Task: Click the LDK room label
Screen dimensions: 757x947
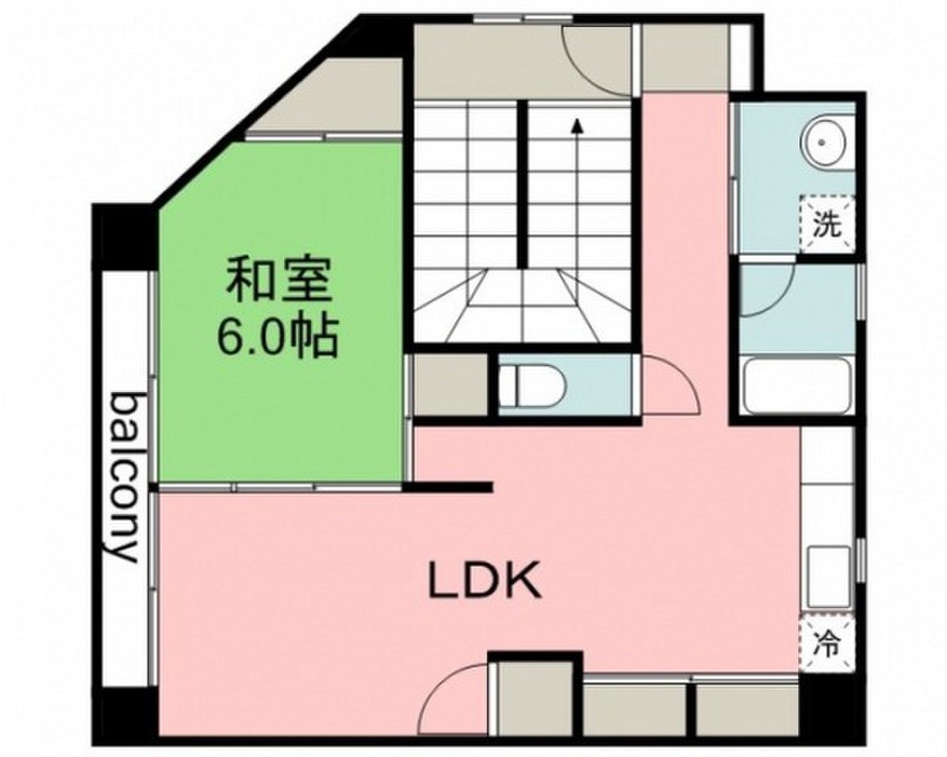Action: click(x=483, y=581)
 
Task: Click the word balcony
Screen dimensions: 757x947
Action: click(x=126, y=476)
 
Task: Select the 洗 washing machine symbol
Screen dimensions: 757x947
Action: click(x=826, y=224)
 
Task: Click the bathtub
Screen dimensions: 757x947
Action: click(x=795, y=386)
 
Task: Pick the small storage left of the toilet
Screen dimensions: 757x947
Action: click(x=449, y=385)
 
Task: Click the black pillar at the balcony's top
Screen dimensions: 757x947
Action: click(x=123, y=236)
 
